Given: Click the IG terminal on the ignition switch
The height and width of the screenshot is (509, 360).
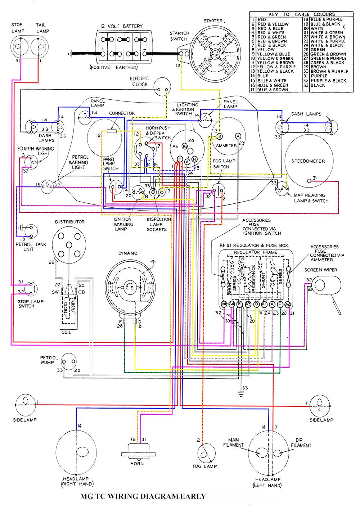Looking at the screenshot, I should point(185,146).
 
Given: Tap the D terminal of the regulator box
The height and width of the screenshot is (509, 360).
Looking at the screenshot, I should point(256,305).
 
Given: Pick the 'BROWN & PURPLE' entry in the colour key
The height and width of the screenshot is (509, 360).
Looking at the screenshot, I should point(329,71).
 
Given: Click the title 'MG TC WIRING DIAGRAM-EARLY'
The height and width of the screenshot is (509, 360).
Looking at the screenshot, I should point(143,496).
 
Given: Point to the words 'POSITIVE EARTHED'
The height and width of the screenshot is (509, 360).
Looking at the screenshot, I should point(113,67).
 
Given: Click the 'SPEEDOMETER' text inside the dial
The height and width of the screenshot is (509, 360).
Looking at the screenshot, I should point(308,161).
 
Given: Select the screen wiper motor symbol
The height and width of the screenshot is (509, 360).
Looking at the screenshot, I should point(327,284).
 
